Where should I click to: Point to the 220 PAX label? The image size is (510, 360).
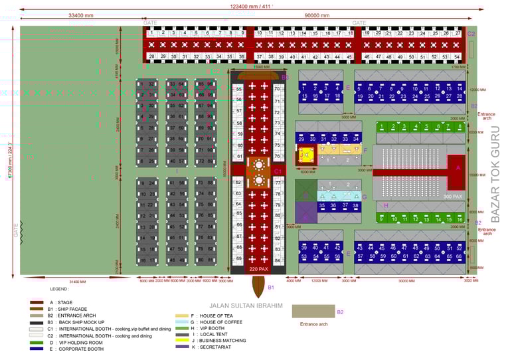click(x=258, y=270)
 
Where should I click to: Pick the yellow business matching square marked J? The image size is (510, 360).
click(x=305, y=156)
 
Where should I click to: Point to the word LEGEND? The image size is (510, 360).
click(x=58, y=289)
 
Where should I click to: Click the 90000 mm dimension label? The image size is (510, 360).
click(x=316, y=15)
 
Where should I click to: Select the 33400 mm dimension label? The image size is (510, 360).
click(x=80, y=15)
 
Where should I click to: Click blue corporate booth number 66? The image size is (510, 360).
click(x=458, y=256)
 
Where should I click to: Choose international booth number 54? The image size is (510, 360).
click(x=458, y=56)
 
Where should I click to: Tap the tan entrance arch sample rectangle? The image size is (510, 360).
click(x=313, y=311)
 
